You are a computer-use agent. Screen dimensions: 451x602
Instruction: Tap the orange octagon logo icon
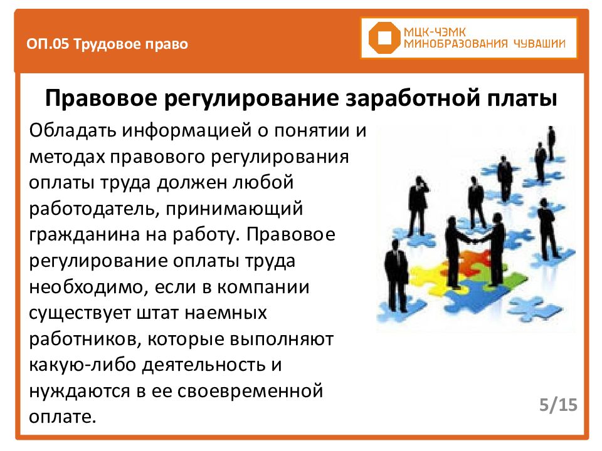coord(383,38)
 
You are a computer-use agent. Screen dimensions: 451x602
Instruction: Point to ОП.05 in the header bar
coord(48,44)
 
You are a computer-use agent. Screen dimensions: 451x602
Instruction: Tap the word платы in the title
coord(524,100)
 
